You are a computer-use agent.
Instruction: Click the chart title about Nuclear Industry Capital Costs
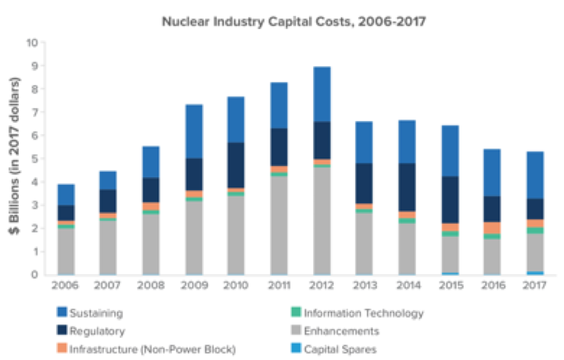click(293, 21)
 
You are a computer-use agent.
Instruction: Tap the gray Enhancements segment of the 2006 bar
click(66, 251)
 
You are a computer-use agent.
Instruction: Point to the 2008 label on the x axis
click(151, 285)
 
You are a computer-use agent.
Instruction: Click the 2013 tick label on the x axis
click(364, 285)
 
